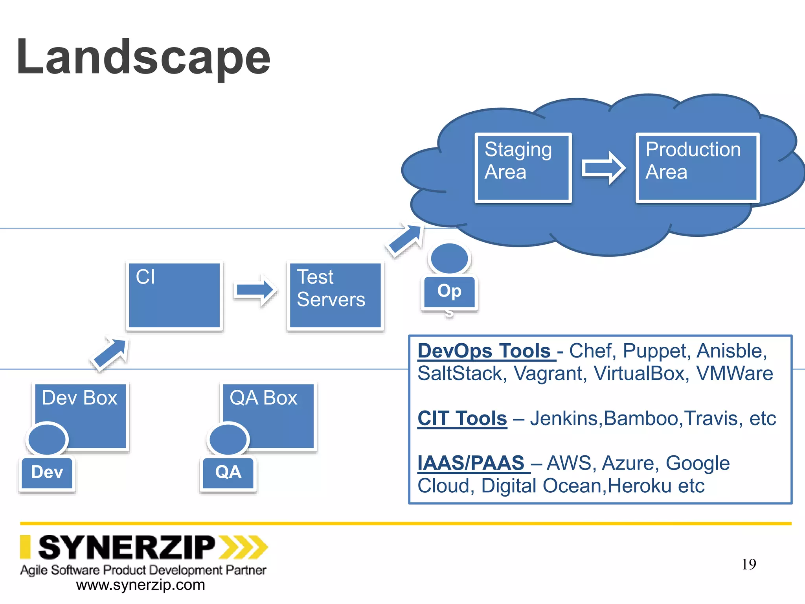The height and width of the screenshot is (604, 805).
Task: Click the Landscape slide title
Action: (x=143, y=57)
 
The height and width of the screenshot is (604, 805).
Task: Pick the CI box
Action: (x=174, y=295)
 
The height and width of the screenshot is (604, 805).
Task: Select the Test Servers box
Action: (x=335, y=295)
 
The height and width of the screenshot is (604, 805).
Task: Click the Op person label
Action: (x=449, y=291)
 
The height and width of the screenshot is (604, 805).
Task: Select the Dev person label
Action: (x=47, y=472)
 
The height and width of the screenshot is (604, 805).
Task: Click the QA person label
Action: (x=228, y=472)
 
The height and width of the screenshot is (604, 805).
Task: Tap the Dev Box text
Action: (x=79, y=398)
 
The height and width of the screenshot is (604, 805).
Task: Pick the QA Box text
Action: (x=263, y=398)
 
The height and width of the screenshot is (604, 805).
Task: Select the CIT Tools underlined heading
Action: (x=462, y=418)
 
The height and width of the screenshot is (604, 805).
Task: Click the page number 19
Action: (x=749, y=565)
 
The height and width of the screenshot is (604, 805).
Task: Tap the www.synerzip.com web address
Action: (x=140, y=585)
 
